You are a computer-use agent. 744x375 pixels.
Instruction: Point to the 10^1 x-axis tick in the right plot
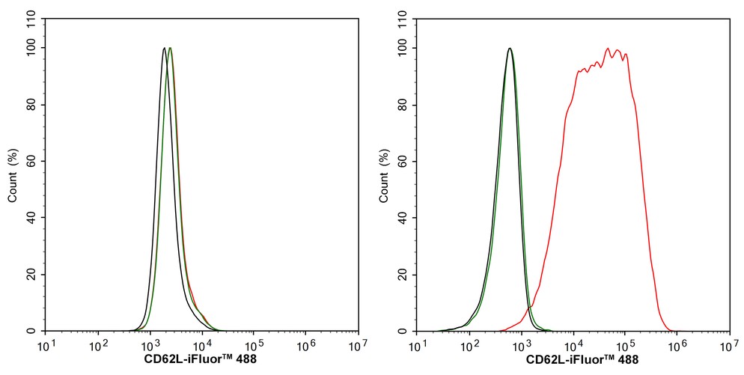(x=417, y=344)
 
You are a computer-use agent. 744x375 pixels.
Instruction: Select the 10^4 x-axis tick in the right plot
(x=573, y=344)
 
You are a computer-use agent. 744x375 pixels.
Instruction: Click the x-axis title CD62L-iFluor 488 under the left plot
(x=201, y=359)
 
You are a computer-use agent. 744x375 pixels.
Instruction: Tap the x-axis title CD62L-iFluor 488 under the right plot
(x=582, y=359)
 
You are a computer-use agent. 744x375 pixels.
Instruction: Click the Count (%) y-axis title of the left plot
(x=13, y=175)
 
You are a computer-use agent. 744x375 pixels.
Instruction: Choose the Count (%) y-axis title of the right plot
(x=384, y=175)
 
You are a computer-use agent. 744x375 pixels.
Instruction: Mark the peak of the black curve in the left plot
(x=164, y=48)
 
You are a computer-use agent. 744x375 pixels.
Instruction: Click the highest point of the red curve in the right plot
(x=607, y=48)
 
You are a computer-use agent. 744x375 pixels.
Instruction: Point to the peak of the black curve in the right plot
(x=510, y=48)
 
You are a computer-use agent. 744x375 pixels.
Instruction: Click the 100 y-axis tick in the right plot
(x=405, y=48)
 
